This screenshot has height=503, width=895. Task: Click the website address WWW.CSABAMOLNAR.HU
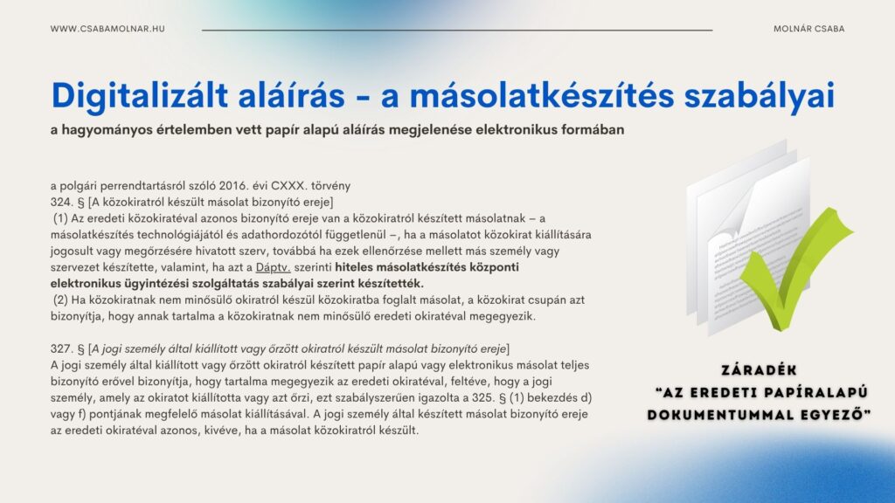click(108, 29)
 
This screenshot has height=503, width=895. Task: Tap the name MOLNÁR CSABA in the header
click(808, 29)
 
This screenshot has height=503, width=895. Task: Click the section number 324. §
click(66, 201)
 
